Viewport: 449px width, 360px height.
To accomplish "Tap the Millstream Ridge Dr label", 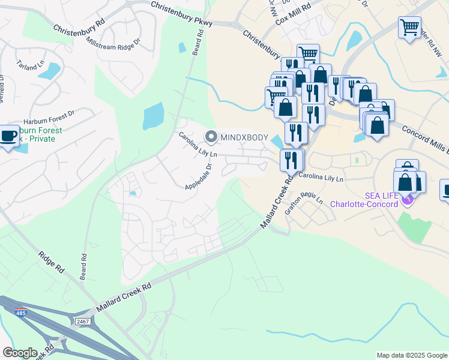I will [113, 43].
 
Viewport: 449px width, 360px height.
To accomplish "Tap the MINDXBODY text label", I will [243, 137].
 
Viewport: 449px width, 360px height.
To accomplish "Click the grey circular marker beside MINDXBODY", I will [211, 137].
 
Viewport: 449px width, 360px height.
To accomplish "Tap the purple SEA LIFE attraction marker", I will [408, 198].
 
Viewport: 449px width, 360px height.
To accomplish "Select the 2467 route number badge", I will [83, 322].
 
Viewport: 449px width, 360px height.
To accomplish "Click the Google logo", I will [20, 352].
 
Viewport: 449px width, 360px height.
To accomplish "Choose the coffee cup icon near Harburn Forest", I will [8, 136].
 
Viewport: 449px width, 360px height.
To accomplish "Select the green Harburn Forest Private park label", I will [36, 134].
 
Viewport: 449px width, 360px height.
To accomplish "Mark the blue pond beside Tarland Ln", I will [50, 71].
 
